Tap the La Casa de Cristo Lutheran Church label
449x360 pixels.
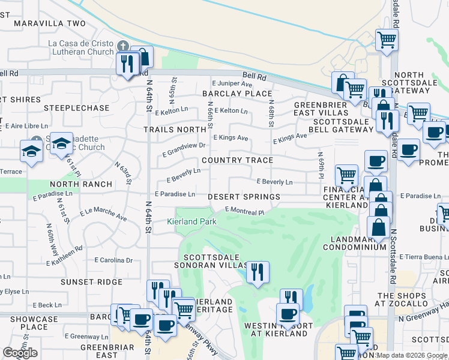(81, 48)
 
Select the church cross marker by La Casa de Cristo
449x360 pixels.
(123, 46)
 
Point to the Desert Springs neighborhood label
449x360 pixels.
(244, 197)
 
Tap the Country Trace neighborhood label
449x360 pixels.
(237, 160)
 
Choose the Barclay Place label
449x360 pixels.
(237, 94)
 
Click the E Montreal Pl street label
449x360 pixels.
(244, 211)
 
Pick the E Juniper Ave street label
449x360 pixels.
(231, 84)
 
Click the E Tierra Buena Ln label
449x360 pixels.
(424, 257)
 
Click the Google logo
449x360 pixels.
(20, 353)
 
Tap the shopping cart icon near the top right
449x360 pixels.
(387, 40)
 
